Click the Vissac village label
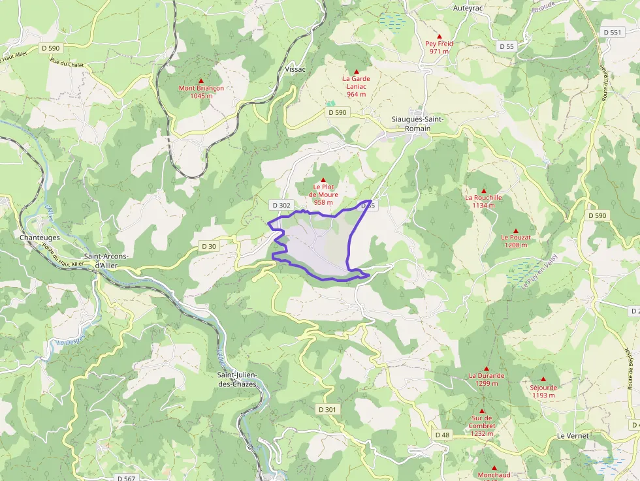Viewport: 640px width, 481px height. point(295,69)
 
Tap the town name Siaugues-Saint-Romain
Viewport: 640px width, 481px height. point(417,124)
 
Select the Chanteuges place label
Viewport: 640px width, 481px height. point(40,238)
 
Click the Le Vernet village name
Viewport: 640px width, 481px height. point(573,435)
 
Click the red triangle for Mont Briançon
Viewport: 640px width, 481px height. point(201,80)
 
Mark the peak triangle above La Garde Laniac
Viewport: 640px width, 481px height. point(357,71)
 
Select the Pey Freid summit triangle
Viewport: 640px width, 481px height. point(440,37)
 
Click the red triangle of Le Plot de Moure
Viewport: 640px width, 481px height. point(323,179)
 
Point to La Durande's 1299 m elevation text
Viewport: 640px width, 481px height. point(487,383)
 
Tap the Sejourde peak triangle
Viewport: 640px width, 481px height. point(543,379)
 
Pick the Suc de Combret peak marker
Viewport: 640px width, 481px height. point(482,411)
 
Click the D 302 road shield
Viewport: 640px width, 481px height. point(281,205)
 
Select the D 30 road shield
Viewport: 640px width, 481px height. point(208,246)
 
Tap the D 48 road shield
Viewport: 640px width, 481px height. point(442,435)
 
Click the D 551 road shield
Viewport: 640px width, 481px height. point(612,32)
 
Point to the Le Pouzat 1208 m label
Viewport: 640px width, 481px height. point(515,241)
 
